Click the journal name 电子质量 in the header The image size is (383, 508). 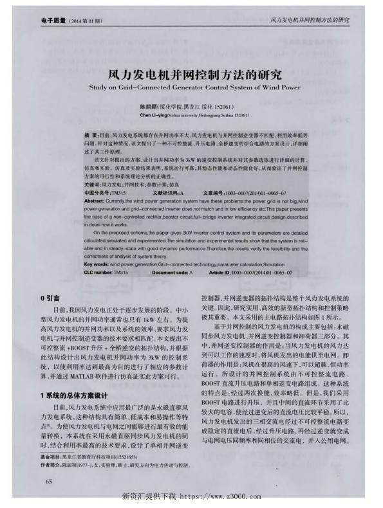click(54, 20)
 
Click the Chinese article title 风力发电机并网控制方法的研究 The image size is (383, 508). click(191, 74)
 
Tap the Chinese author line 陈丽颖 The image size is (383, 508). click(191, 105)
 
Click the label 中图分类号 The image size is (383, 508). click(97, 192)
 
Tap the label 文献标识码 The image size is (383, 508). click(166, 192)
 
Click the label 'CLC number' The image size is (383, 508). click(98, 273)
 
